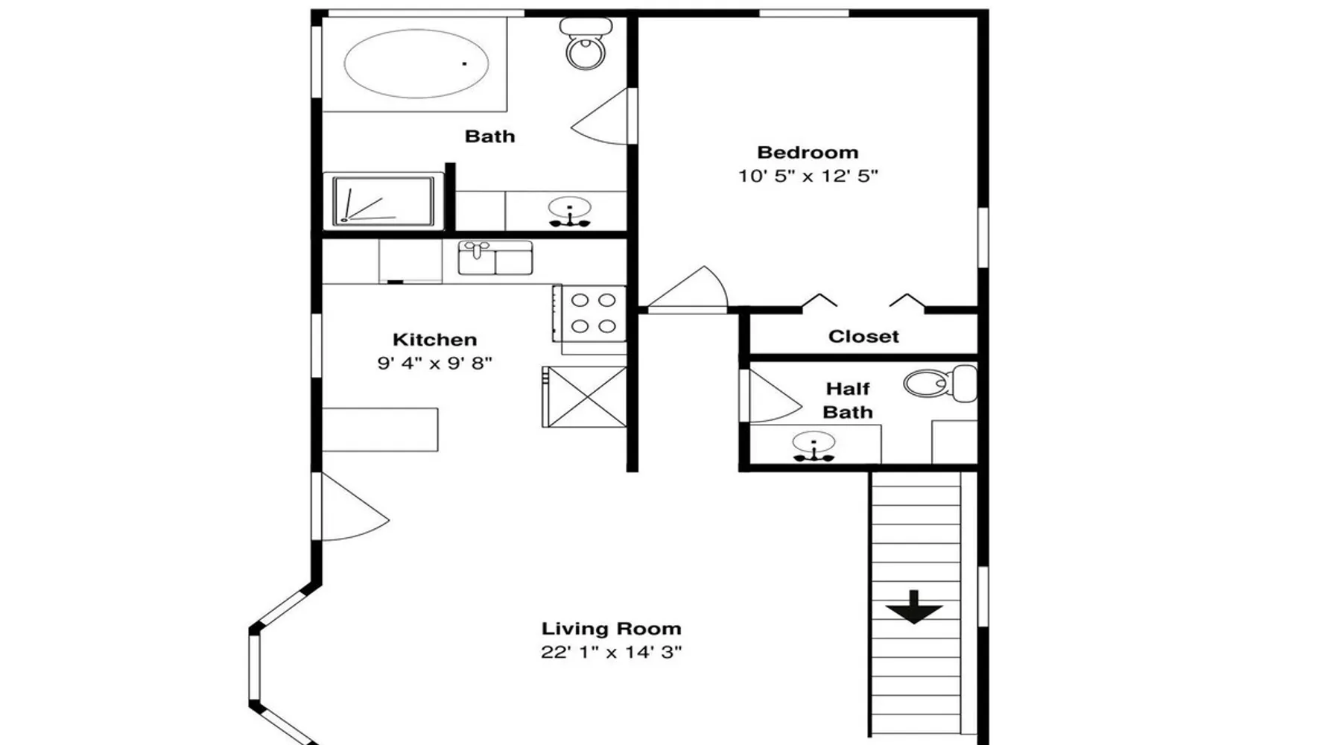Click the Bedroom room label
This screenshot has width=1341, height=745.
[x=808, y=153]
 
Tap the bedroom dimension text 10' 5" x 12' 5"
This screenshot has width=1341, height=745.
[x=808, y=177]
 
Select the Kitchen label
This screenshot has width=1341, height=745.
[x=435, y=340]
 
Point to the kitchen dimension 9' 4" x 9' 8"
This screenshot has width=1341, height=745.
[x=435, y=364]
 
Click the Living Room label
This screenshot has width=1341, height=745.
[x=612, y=629]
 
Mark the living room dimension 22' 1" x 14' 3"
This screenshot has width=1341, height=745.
[x=612, y=653]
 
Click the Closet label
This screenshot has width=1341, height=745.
[x=863, y=337]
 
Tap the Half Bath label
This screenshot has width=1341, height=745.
[x=848, y=401]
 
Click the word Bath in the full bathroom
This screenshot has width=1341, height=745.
[x=489, y=136]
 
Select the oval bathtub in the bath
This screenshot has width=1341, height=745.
[x=416, y=64]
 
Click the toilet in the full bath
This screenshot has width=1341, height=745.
[x=586, y=43]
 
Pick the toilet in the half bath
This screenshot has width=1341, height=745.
[x=940, y=384]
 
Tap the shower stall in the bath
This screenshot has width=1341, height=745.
[x=383, y=201]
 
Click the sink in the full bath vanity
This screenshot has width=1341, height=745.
[x=570, y=212]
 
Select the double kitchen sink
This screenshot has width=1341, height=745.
[x=495, y=258]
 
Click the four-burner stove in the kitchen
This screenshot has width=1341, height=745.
[x=589, y=314]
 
